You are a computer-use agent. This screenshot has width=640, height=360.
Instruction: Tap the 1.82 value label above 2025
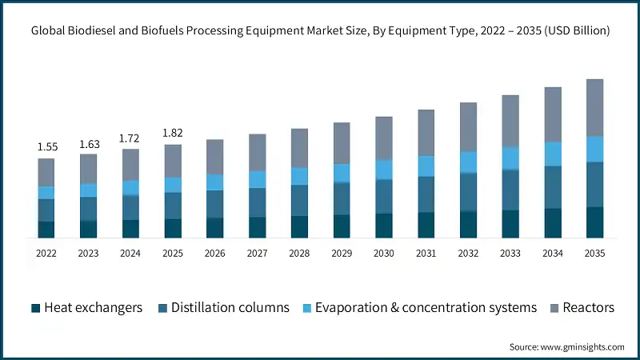coord(173,134)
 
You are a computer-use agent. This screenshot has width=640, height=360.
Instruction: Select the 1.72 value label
coord(130,138)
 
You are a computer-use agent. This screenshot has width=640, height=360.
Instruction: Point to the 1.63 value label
coord(88,144)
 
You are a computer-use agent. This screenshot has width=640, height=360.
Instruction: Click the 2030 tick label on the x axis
coord(384,253)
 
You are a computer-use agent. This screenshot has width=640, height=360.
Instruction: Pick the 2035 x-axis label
coord(594,253)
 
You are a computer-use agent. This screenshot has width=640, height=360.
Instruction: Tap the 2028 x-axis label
coord(299,253)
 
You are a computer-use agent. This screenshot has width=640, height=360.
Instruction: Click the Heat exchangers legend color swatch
coord(35,308)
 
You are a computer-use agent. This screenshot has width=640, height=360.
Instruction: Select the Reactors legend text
coord(588,308)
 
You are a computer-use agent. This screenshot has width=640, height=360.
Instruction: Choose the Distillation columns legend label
coord(230,308)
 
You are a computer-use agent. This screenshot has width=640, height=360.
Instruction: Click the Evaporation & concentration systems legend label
coord(426,308)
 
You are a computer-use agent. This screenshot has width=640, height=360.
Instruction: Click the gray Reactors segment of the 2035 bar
coord(594,107)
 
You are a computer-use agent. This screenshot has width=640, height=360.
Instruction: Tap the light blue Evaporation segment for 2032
coord(468,162)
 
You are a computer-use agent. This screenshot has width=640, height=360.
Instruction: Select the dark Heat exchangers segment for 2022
coord(46,229)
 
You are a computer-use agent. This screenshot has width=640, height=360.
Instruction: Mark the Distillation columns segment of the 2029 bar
coord(342,198)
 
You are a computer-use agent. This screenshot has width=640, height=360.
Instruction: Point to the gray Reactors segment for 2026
coord(214,157)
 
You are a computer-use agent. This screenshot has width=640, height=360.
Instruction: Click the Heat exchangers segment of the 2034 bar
coord(553,222)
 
